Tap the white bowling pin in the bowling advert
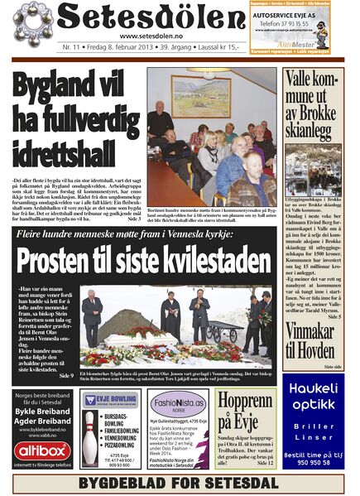91,438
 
